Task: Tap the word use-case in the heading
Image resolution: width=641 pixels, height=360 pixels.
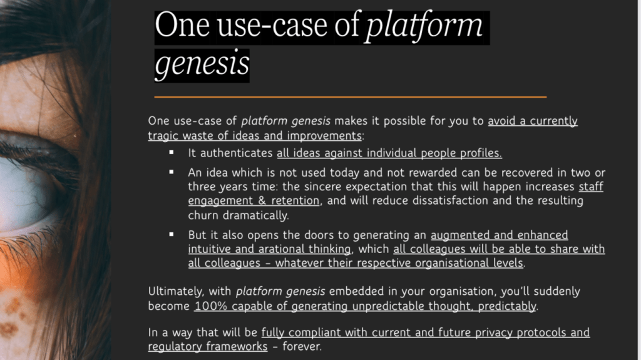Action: [273, 26]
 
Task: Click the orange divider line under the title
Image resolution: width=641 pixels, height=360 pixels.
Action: [351, 97]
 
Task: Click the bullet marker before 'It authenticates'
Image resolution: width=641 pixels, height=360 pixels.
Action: [172, 153]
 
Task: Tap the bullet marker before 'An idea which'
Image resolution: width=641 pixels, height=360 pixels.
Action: [172, 172]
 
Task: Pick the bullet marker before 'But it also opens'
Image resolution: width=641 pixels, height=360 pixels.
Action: [172, 234]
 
